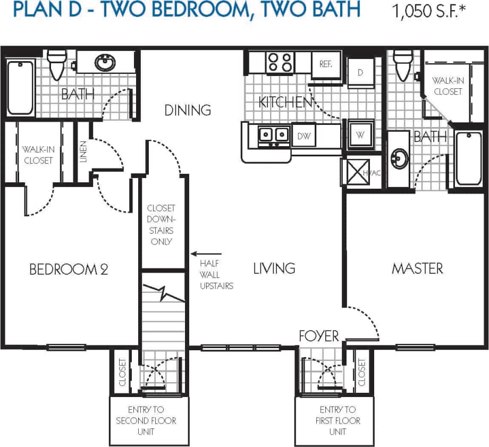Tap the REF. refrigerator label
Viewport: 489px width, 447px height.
pos(326,64)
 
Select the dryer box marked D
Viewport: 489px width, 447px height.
pos(360,72)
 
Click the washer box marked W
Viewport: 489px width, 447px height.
pos(360,135)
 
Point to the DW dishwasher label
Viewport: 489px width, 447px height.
pos(303,137)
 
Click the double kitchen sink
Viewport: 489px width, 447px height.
pos(274,136)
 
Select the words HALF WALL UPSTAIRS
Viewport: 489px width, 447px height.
pos(216,274)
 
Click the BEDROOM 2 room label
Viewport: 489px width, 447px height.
pos(69,269)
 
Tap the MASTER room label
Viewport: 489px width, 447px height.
pos(417,268)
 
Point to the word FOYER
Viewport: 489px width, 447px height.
pos(319,335)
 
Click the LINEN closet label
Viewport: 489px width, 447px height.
pos(83,151)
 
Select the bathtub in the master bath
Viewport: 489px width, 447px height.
pos(468,158)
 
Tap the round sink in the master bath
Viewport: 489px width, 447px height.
pos(398,158)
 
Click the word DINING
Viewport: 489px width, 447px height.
pos(188,110)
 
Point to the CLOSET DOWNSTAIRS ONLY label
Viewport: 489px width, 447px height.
pos(161,225)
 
